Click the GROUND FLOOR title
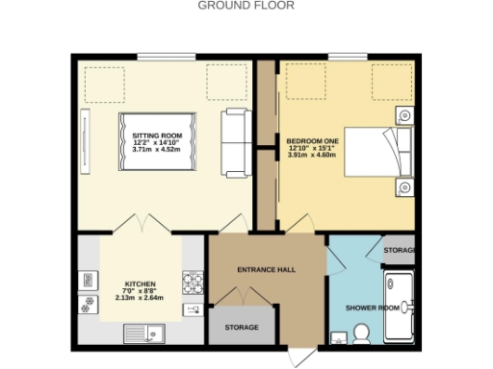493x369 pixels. pyautogui.click(x=246, y=6)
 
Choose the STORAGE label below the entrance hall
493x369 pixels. pyautogui.click(x=242, y=328)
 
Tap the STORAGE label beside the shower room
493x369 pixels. pyautogui.click(x=399, y=251)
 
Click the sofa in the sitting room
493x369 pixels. pyautogui.click(x=234, y=144)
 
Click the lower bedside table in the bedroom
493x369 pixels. pyautogui.click(x=404, y=186)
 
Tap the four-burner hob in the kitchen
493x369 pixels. pyautogui.click(x=194, y=283)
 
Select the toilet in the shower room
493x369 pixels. pyautogui.click(x=362, y=333)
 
